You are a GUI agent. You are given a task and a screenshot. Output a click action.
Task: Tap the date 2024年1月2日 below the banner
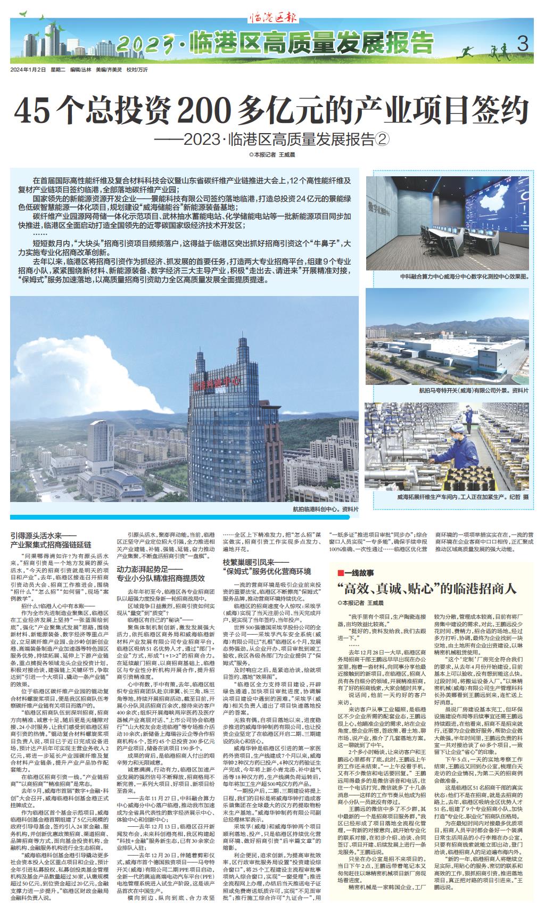tap(27, 70)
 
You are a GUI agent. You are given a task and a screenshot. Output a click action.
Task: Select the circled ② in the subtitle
tap(383, 139)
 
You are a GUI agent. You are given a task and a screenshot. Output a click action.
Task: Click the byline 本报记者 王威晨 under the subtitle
tap(272, 154)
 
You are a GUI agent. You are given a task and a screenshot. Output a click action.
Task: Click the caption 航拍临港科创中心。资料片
tap(326, 509)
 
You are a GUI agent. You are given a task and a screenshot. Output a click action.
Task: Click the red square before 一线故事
tap(341, 573)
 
